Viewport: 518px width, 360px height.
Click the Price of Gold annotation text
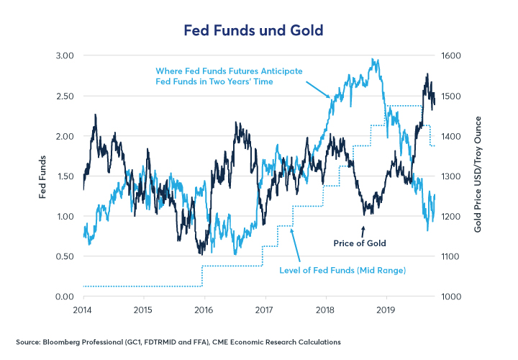click(x=360, y=243)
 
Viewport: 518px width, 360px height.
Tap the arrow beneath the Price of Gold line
click(x=363, y=231)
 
